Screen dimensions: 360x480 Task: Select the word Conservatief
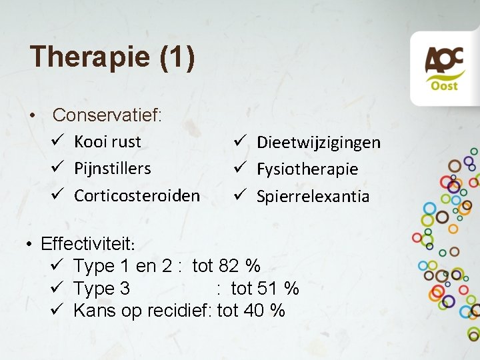pos(106,115)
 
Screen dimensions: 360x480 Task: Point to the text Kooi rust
pos(107,141)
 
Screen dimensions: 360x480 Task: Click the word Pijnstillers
pos(112,168)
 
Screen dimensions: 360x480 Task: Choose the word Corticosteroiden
pos(137,195)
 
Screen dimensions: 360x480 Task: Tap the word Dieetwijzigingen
pos(318,142)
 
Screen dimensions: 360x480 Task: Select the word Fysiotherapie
pos(307,169)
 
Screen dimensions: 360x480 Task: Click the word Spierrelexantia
pos(312,196)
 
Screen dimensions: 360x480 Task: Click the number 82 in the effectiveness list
pos(229,265)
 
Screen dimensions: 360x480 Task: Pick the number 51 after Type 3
pos(267,288)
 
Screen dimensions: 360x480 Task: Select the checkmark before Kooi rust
pos(57,141)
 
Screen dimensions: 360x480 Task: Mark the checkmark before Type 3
pos(56,288)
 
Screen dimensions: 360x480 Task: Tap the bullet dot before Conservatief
pos(32,116)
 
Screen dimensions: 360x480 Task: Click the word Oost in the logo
pos(444,86)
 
